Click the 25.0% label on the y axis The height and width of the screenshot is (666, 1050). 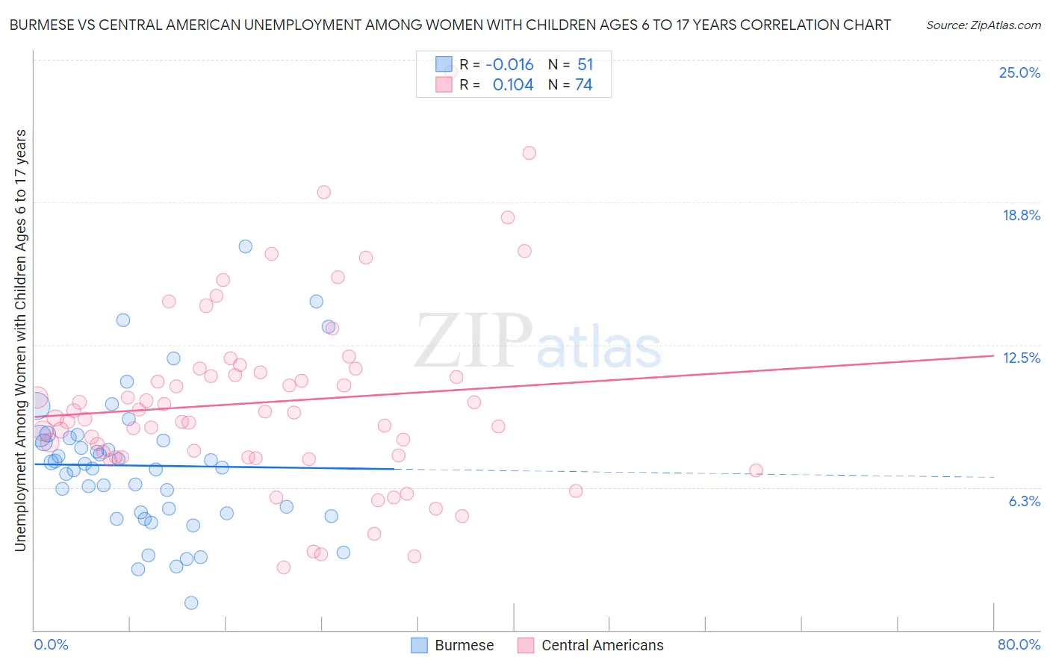(x=1019, y=72)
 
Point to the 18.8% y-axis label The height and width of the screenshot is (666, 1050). (x=1020, y=215)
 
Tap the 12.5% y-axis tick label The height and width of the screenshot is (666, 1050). (x=1021, y=358)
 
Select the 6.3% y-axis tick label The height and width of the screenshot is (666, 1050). (x=1024, y=501)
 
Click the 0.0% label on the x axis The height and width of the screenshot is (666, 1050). (x=51, y=644)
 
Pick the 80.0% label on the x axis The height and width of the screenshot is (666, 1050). (x=1019, y=644)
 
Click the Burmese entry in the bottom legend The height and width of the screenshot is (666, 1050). (x=464, y=645)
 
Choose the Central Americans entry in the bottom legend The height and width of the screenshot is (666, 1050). (x=602, y=645)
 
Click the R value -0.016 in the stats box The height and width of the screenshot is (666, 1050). (x=509, y=65)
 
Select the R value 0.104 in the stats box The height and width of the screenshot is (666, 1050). (x=513, y=85)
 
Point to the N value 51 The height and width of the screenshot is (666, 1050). (x=585, y=65)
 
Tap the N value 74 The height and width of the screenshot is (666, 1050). (x=583, y=85)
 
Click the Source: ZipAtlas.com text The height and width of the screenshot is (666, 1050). (x=983, y=25)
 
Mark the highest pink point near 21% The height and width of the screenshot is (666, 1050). (x=529, y=153)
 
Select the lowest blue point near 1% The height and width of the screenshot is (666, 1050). (x=191, y=603)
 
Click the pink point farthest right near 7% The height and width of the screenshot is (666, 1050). (x=756, y=470)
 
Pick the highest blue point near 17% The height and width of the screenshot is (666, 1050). (x=245, y=246)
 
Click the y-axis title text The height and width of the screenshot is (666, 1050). (x=20, y=340)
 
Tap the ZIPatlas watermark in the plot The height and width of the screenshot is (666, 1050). (x=538, y=342)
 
